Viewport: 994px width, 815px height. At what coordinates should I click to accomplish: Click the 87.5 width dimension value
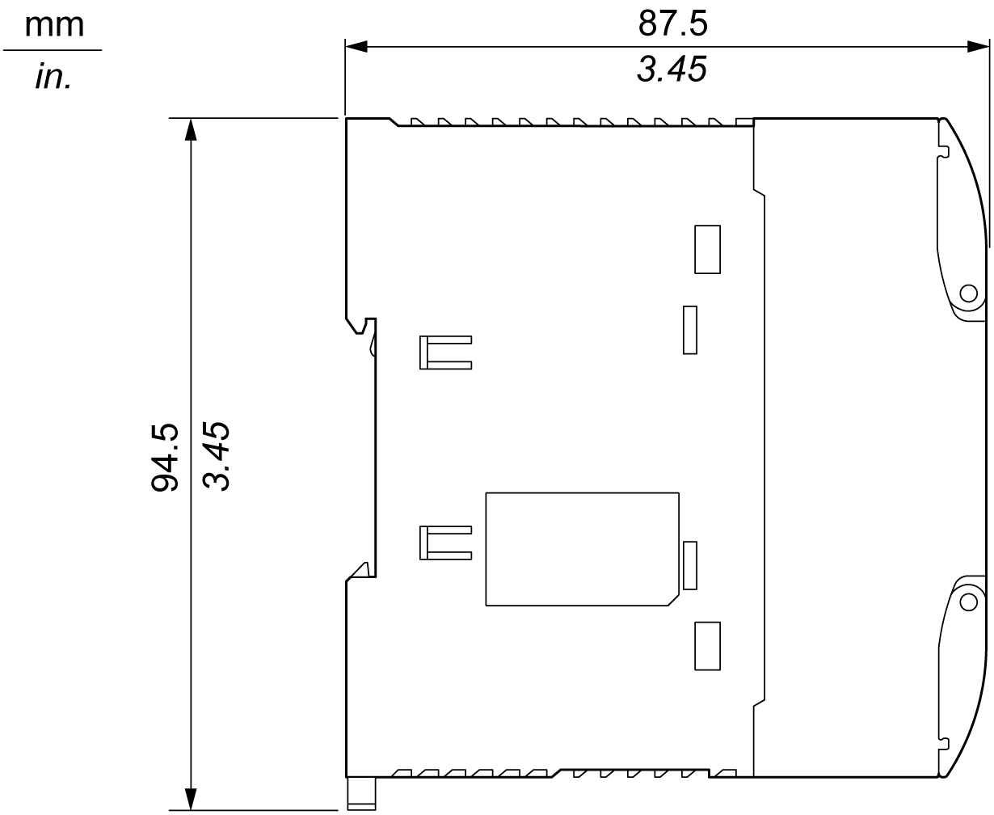click(672, 23)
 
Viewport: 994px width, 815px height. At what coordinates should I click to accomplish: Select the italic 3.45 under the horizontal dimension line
click(672, 70)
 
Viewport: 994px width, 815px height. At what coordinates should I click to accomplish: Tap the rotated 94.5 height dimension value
click(165, 458)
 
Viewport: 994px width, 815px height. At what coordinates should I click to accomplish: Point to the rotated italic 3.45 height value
click(216, 456)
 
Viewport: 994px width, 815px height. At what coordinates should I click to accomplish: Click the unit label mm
click(54, 26)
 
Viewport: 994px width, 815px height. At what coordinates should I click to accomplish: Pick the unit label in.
click(53, 76)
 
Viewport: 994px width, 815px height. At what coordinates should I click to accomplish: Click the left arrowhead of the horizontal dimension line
click(356, 47)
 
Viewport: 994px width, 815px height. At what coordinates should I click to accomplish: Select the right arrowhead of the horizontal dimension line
click(978, 47)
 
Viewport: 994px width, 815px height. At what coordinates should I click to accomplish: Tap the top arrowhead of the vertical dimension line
click(191, 129)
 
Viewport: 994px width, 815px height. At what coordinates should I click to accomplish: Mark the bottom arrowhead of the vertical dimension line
click(191, 799)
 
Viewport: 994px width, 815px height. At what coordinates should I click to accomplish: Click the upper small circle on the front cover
click(969, 293)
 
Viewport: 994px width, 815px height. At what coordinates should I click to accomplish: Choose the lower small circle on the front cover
click(969, 602)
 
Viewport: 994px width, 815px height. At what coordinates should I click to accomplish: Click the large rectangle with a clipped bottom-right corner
click(486, 550)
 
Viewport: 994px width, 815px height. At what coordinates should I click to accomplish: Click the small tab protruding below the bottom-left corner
click(361, 794)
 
